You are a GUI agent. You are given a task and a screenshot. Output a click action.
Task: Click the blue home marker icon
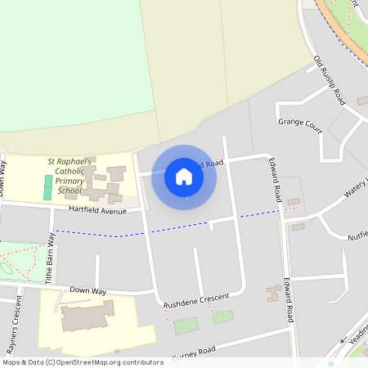(184, 177)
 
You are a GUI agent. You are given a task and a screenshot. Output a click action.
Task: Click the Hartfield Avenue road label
(97, 210)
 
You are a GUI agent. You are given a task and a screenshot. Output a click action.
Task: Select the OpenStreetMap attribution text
(83, 361)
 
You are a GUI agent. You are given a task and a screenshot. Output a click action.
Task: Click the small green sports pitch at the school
(47, 186)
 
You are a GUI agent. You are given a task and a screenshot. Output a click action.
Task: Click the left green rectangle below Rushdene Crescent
(186, 325)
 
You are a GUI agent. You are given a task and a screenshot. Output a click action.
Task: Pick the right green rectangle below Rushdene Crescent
(222, 316)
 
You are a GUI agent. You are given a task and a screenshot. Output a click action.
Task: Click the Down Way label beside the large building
(88, 290)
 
